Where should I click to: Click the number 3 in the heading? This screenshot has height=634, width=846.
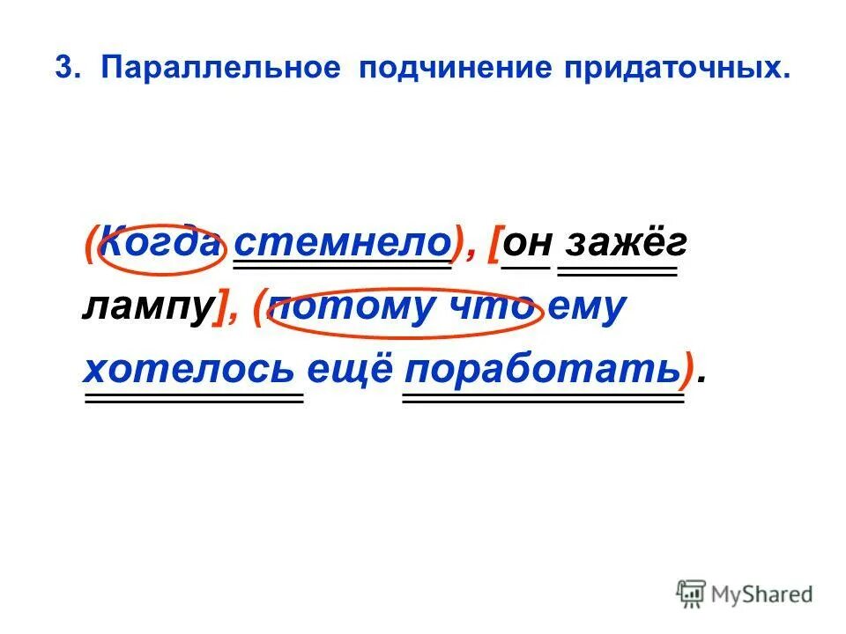[x=63, y=69]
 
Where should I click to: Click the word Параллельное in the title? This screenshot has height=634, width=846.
[x=220, y=69]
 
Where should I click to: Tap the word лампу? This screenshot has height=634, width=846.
[x=148, y=308]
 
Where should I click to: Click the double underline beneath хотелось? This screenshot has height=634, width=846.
[x=193, y=398]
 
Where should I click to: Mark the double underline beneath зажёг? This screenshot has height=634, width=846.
[x=618, y=271]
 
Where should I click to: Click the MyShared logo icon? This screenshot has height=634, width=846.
[x=692, y=593]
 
